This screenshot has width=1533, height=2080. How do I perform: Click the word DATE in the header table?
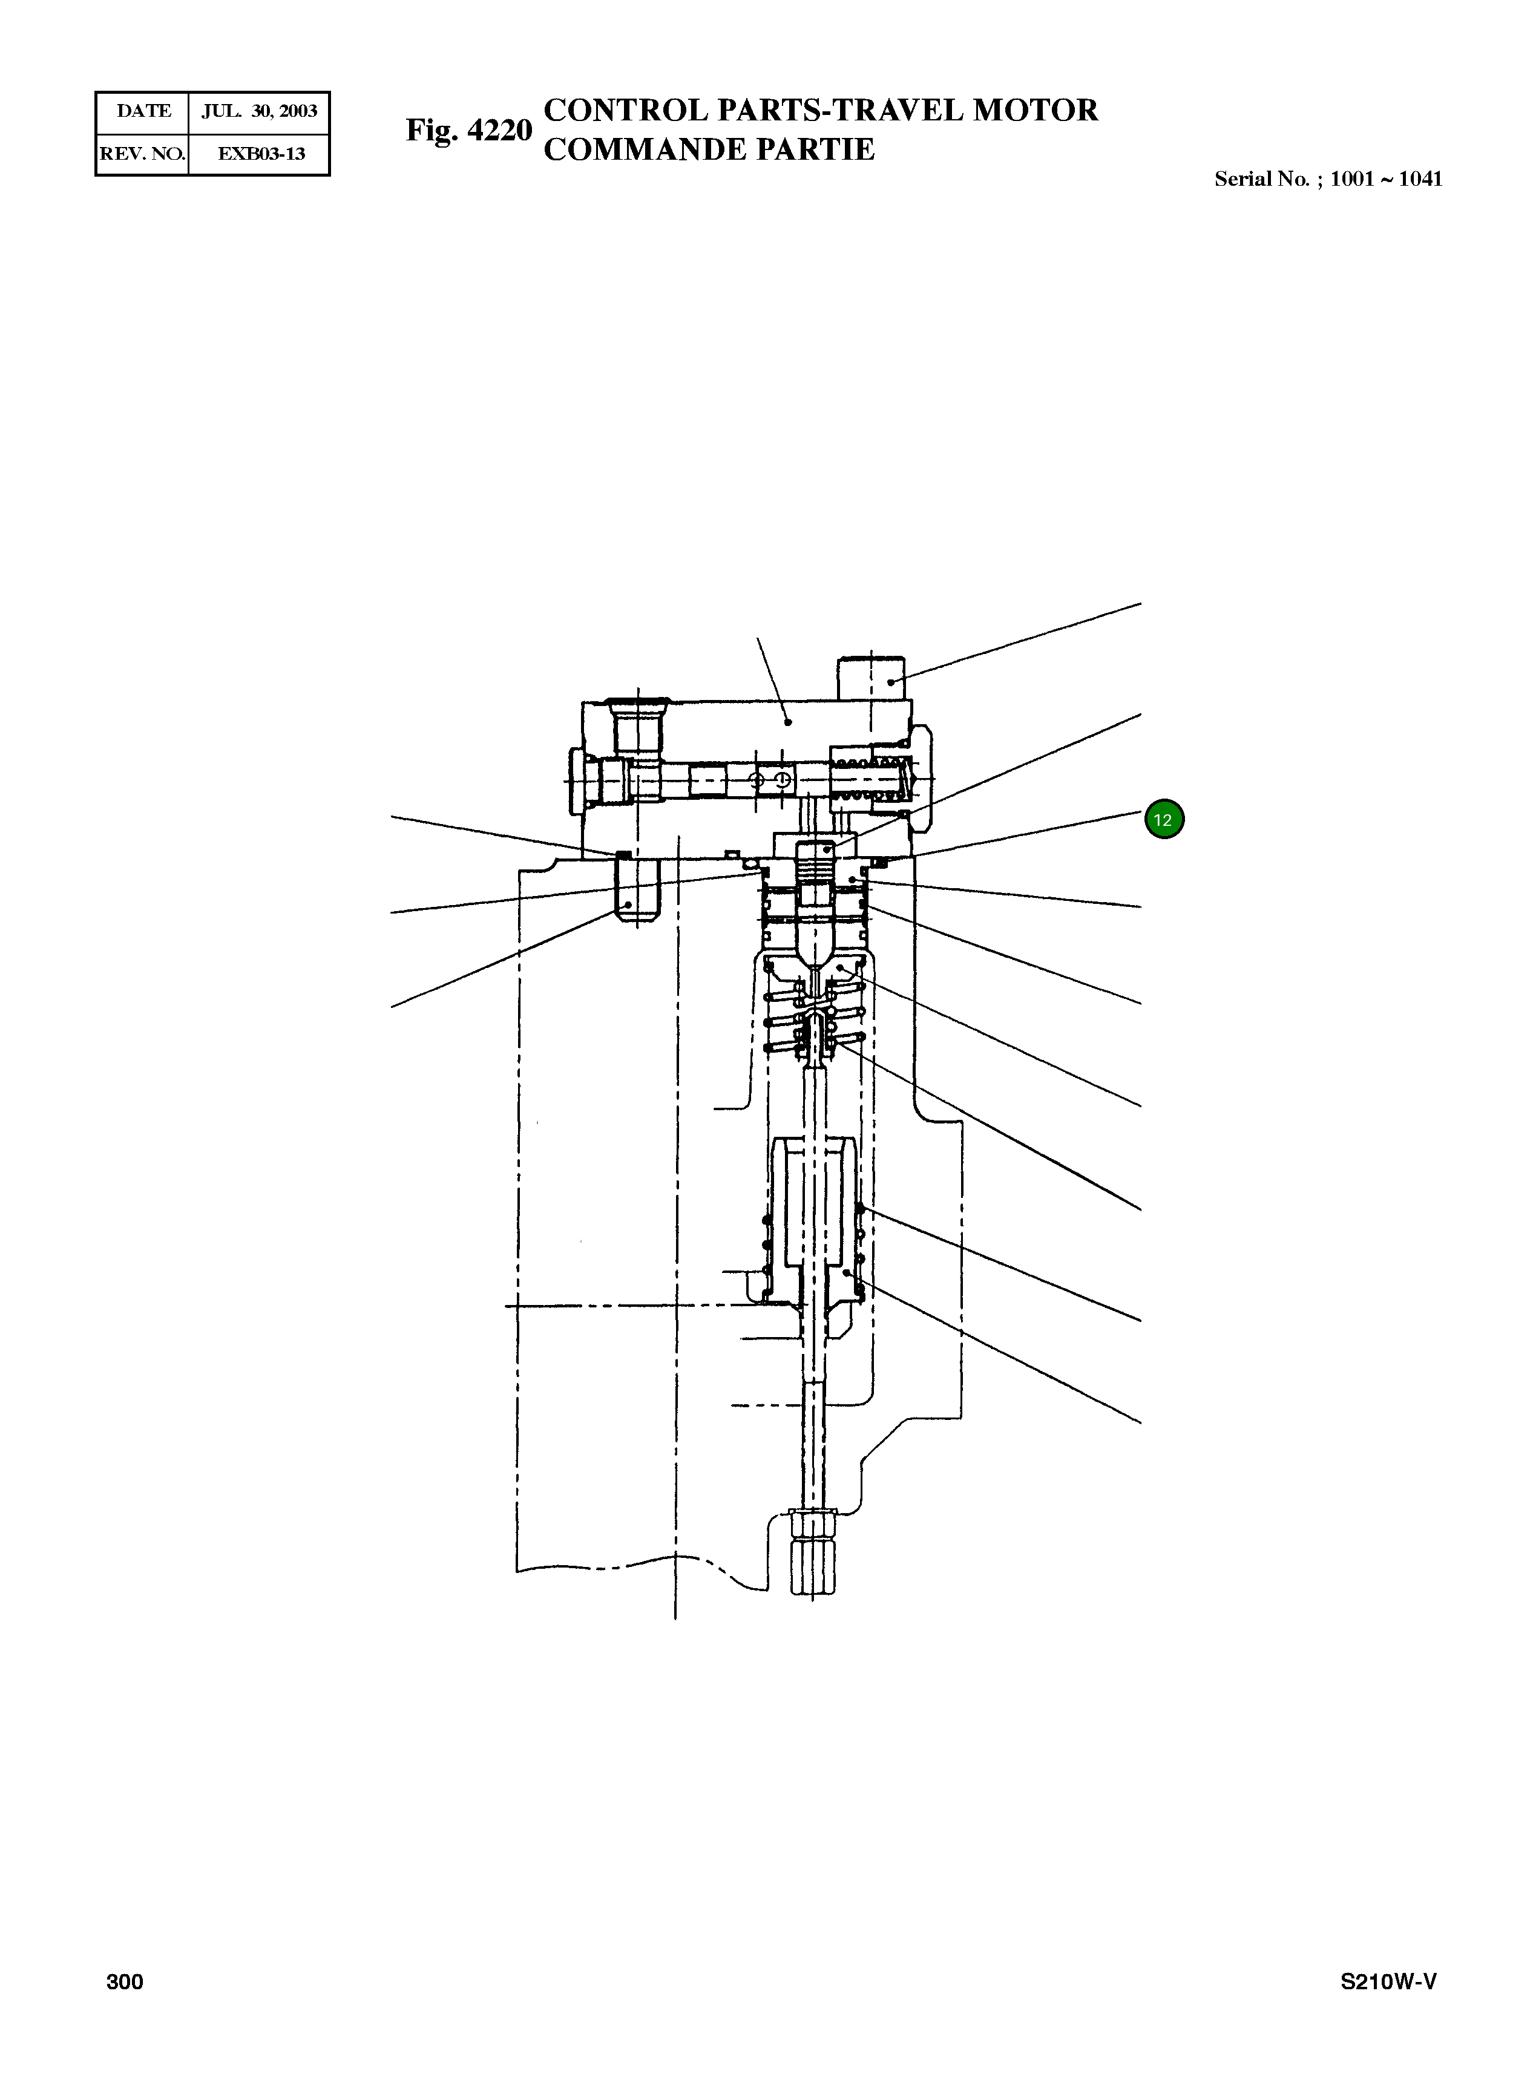144,111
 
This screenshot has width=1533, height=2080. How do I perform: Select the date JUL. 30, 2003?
260,111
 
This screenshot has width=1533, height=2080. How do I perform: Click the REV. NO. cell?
142,154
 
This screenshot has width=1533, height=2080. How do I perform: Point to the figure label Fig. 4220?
468,130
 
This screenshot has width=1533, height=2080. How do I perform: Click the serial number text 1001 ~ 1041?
1385,179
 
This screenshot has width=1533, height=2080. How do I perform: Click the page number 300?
124,1981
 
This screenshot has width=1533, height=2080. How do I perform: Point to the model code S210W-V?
1388,1981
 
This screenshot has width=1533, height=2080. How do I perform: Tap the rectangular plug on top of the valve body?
872,678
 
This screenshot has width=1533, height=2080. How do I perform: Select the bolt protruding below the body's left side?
637,889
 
